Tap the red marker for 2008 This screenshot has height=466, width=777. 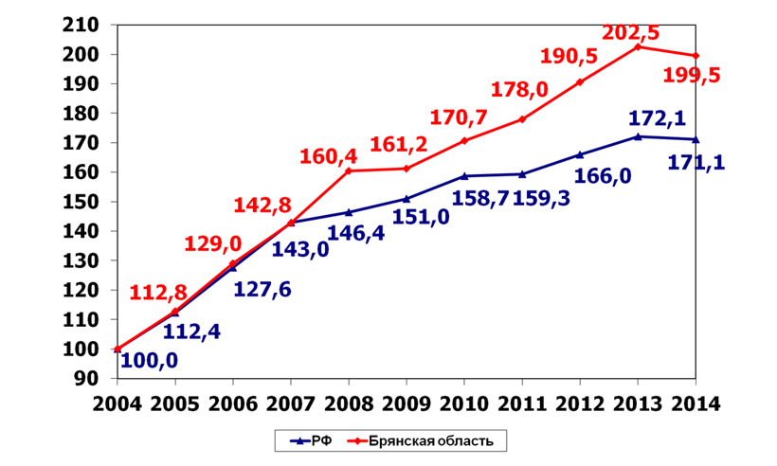349,170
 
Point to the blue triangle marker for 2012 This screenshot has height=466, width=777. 579,154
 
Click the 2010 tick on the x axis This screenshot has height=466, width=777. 463,401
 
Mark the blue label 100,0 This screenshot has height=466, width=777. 150,361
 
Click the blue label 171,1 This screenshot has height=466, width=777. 696,162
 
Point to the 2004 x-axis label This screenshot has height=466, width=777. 117,401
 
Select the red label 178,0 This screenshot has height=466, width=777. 520,91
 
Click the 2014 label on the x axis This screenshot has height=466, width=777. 695,401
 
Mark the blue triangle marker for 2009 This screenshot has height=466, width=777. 407,199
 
